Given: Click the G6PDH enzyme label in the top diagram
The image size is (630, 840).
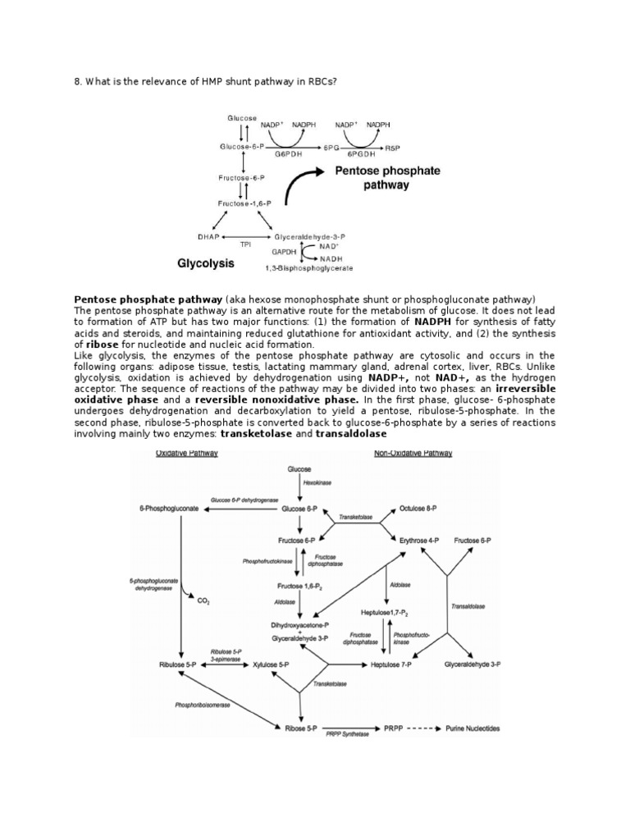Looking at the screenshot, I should pos(286,153).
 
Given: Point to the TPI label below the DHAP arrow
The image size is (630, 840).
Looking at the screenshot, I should pos(244,244).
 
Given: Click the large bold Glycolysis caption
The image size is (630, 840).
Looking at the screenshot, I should pos(207,264).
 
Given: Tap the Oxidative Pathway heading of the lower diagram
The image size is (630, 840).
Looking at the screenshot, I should pos(186,453).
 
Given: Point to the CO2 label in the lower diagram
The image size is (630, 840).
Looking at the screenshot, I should pos(204,600).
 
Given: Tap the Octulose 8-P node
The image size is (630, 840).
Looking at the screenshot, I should pos(419,509).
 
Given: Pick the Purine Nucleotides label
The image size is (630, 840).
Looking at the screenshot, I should pos(482,728).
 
